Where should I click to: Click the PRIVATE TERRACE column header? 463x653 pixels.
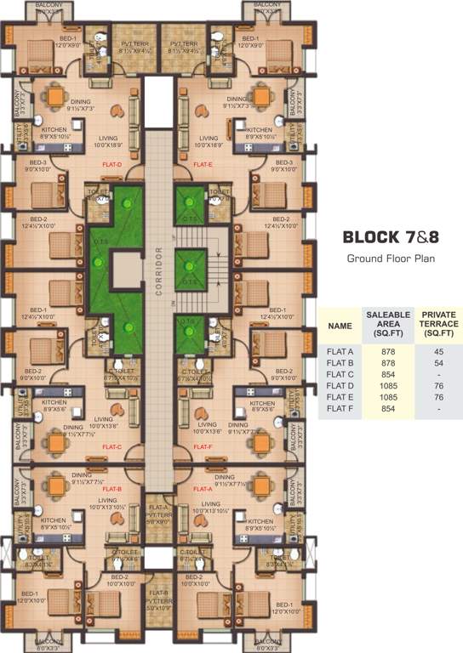(437, 324)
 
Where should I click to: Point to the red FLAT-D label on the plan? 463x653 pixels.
(112, 164)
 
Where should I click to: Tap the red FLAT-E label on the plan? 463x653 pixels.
(203, 164)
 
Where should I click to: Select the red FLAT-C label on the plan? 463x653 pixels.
(112, 446)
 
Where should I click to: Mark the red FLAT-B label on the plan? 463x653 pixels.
(112, 490)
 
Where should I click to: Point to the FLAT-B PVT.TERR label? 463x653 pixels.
(158, 601)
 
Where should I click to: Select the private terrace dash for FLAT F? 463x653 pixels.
(437, 409)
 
